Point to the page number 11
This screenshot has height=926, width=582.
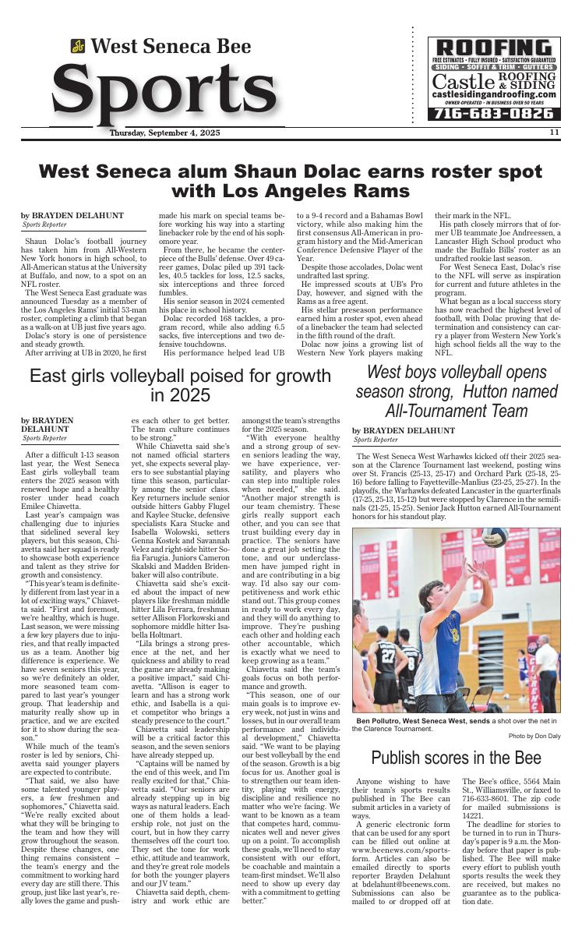554,133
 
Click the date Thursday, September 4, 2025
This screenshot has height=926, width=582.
165,133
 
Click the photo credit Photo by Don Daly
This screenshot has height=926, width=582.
534,736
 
